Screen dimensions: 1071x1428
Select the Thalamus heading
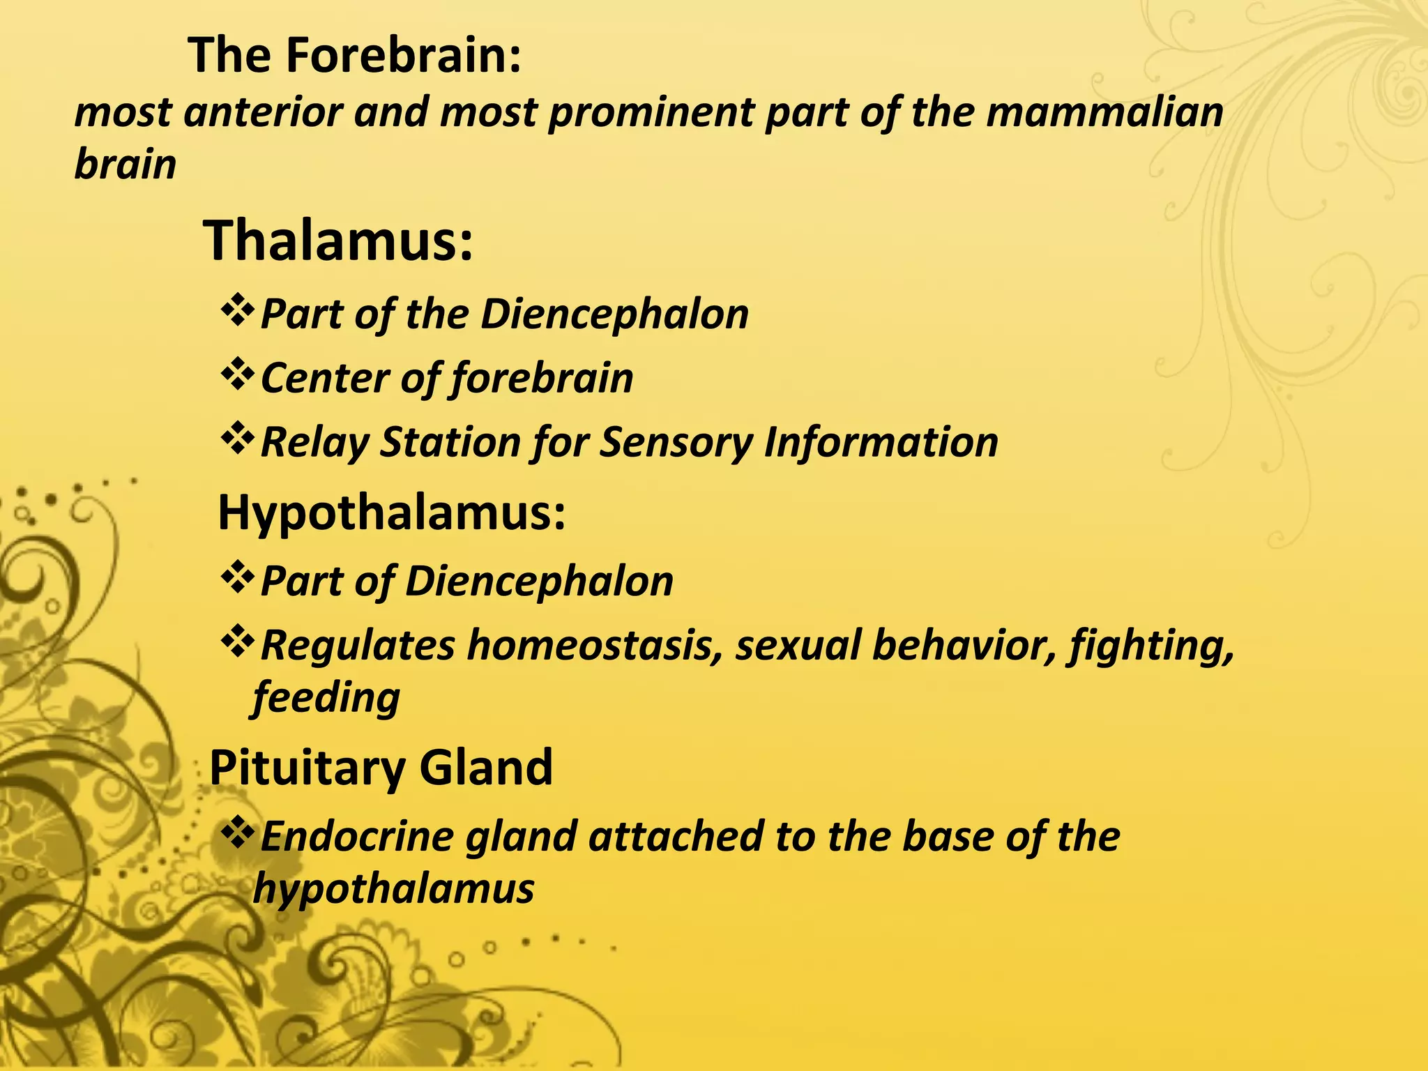[338, 241]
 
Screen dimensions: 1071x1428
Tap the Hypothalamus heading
[391, 512]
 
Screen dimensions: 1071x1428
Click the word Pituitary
[307, 768]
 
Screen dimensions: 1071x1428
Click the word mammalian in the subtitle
[1104, 113]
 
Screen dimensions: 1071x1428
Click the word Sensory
[676, 442]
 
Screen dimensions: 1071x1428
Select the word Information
[881, 442]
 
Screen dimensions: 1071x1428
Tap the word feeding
[326, 697]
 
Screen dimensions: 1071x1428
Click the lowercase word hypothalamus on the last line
[394, 889]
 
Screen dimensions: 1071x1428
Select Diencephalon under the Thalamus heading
[614, 314]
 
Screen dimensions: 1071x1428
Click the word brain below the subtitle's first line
[126, 165]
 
